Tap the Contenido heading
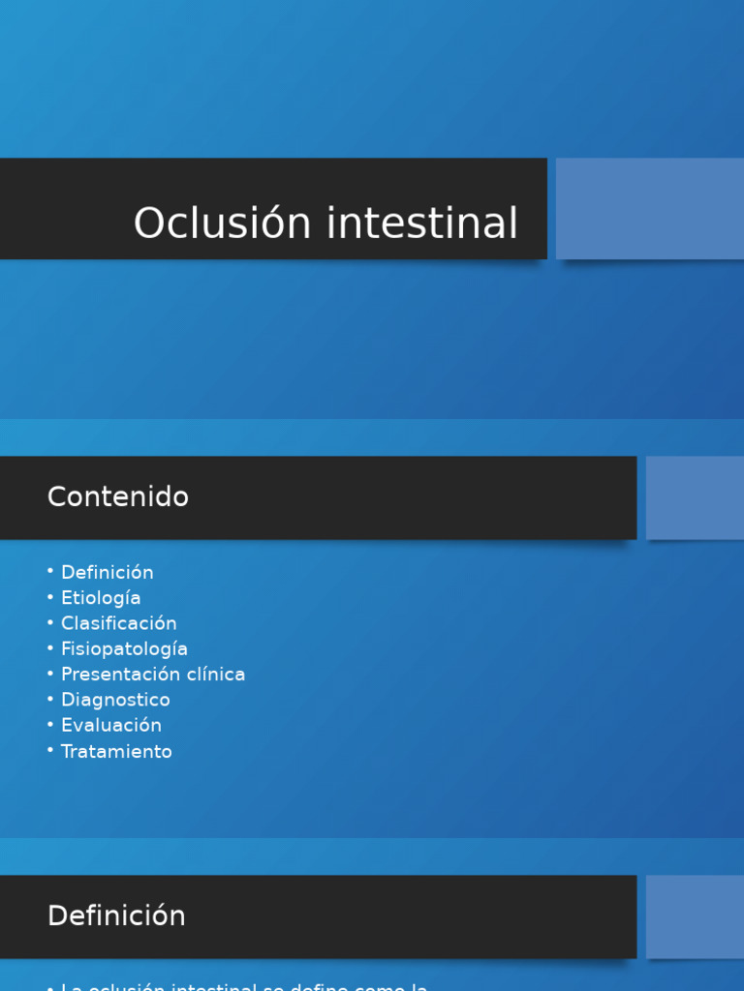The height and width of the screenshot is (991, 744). tap(118, 497)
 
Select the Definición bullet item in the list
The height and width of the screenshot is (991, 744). tap(107, 572)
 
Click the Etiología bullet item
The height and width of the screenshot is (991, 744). tap(101, 598)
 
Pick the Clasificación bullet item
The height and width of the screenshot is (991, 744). tap(118, 623)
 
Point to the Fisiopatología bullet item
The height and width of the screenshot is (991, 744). tap(124, 649)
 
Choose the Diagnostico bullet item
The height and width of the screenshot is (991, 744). tap(115, 700)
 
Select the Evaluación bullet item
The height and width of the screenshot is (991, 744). tap(110, 725)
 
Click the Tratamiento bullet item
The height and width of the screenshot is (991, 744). tap(116, 751)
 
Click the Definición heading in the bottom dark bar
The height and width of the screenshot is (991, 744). tap(116, 916)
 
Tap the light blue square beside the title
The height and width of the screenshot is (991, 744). tap(650, 209)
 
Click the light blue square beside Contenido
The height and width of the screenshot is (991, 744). tap(695, 497)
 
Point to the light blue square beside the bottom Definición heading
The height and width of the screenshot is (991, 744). tap(695, 916)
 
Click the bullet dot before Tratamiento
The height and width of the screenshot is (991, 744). tap(50, 750)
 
